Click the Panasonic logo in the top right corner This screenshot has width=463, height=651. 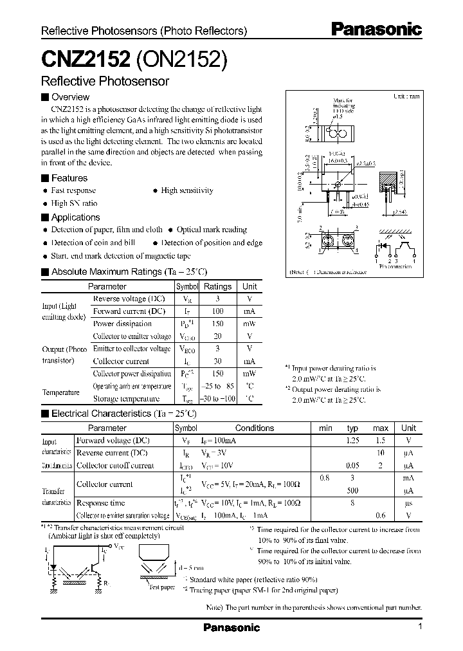[376, 29]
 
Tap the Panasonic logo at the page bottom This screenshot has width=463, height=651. [232, 627]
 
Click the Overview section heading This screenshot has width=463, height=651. [70, 97]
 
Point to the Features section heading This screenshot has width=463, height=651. [69, 178]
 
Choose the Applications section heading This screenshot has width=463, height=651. [75, 217]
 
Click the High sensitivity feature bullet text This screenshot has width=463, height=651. [186, 190]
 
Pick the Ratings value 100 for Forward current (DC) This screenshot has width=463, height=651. [217, 311]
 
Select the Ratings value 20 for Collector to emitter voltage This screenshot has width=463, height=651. [217, 336]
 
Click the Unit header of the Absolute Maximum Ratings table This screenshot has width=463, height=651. [250, 287]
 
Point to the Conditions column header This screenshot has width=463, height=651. [255, 428]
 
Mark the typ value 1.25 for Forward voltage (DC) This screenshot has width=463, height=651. [352, 441]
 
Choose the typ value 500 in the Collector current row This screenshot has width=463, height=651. [352, 490]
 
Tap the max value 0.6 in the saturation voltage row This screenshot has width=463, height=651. [381, 515]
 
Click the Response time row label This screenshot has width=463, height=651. [100, 503]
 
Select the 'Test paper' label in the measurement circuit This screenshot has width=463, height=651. [162, 587]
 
